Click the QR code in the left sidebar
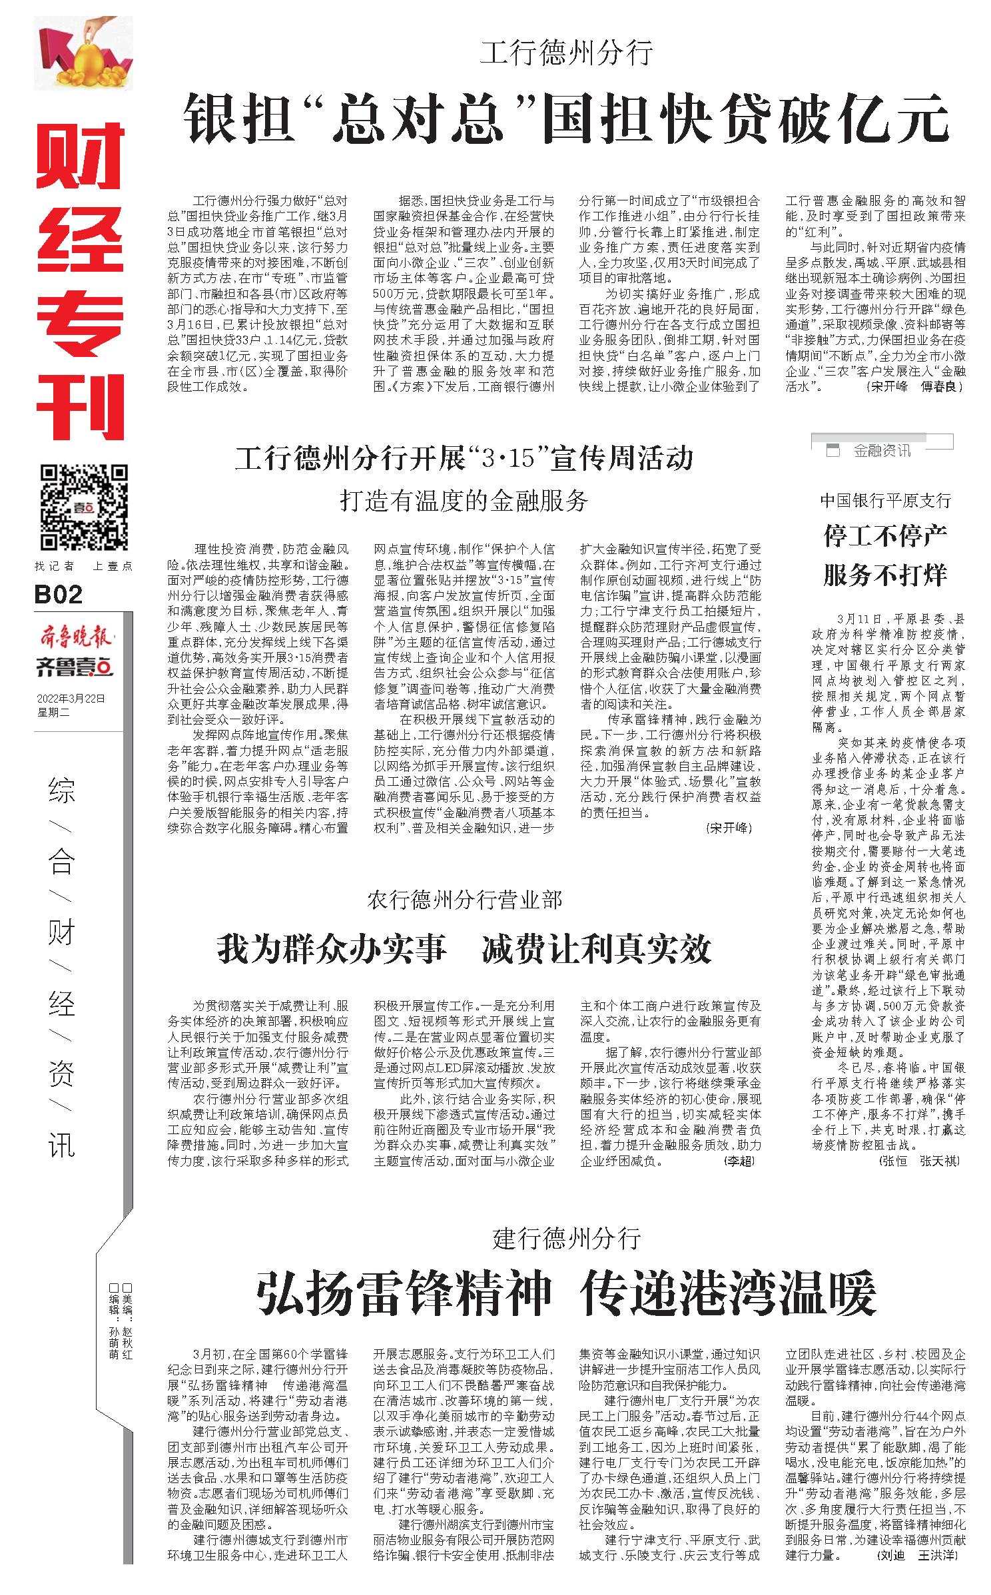click(x=84, y=507)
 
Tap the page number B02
click(x=59, y=594)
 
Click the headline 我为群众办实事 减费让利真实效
click(x=464, y=949)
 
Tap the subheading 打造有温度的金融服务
click(x=464, y=501)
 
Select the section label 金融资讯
click(x=882, y=451)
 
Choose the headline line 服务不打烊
click(x=885, y=574)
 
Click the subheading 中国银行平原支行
click(x=885, y=500)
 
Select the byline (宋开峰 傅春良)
click(x=914, y=386)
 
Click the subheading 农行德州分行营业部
click(x=464, y=900)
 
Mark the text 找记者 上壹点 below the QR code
click(x=84, y=567)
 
